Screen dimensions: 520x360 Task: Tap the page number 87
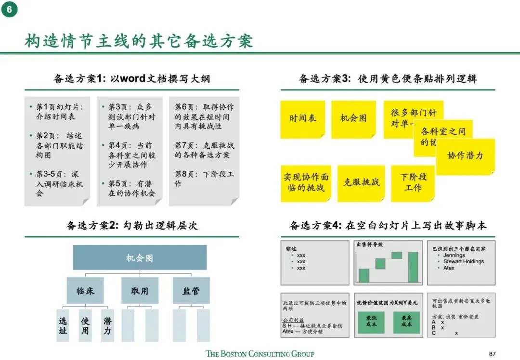point(492,353)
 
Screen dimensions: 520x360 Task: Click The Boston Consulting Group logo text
point(260,354)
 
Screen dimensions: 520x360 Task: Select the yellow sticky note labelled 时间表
point(303,119)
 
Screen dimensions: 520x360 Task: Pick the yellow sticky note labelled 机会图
point(353,119)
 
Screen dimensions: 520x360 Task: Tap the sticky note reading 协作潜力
point(465,156)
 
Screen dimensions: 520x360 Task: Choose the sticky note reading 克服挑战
point(361,182)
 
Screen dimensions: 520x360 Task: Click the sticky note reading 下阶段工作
point(413,182)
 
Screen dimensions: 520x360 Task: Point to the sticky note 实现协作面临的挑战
point(306,183)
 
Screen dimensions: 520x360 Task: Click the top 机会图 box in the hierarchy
point(140,258)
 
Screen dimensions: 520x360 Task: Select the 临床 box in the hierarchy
point(85,291)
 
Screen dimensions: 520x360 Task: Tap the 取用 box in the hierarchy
point(140,291)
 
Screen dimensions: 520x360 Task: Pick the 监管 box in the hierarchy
point(191,291)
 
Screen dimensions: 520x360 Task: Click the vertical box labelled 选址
point(63,325)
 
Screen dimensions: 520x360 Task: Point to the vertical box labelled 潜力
point(107,325)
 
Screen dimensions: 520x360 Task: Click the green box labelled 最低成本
point(371,321)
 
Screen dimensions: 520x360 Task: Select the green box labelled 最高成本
point(407,321)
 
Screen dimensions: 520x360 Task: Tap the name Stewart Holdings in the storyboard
point(463,261)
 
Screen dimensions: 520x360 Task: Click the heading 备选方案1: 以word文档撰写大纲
point(131,78)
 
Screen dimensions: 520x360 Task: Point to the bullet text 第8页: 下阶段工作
point(204,179)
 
